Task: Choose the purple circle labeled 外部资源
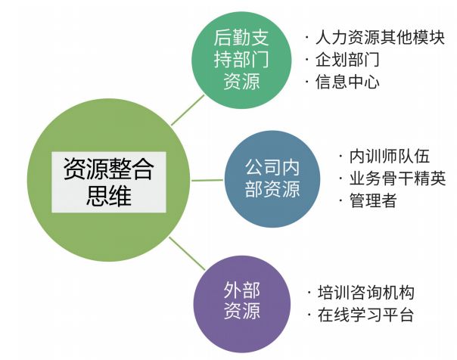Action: pos(242,301)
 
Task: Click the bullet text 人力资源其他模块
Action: pos(380,37)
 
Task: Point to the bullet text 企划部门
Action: pos(347,59)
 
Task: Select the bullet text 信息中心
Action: pos(347,82)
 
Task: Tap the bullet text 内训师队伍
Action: pos(389,157)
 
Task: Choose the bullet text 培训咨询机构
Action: pos(364,293)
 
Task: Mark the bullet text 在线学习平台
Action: pos(364,315)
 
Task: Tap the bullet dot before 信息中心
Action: pos(306,82)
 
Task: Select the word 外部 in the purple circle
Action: pos(242,290)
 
